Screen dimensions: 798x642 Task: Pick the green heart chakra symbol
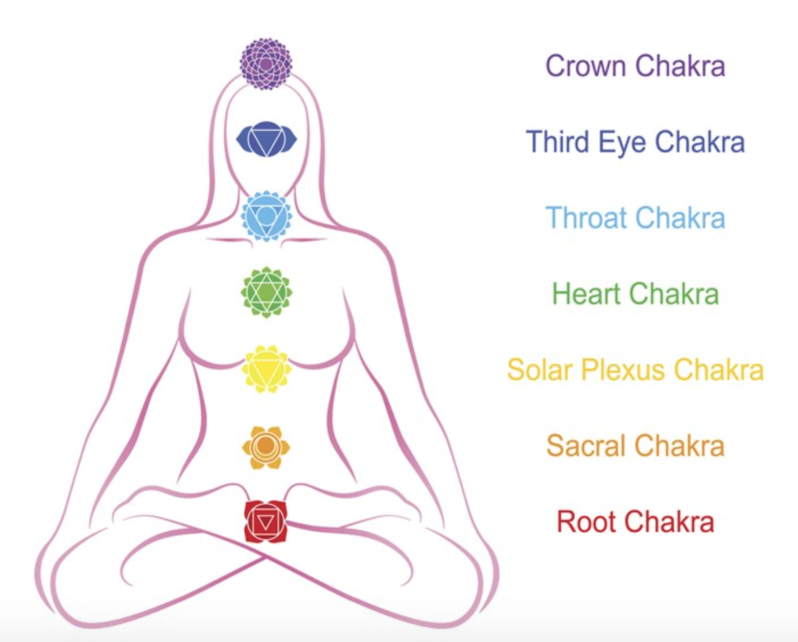(266, 292)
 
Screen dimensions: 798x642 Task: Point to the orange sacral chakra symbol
(266, 446)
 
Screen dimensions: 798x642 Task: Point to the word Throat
(588, 218)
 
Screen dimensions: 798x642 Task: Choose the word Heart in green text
(587, 294)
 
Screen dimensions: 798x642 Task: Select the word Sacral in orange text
(587, 446)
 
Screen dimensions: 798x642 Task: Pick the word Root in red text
(586, 522)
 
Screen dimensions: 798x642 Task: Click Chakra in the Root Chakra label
(669, 522)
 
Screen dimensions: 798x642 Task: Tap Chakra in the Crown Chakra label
(681, 66)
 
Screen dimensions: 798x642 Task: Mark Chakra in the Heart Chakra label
(674, 294)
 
